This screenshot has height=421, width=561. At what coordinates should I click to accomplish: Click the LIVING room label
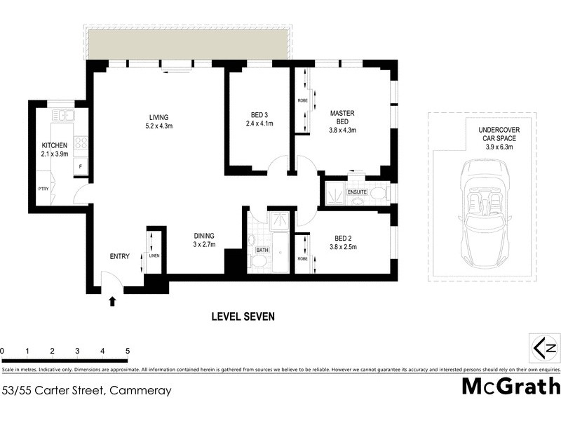[158, 117]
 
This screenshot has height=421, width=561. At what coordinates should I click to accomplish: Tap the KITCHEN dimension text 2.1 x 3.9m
[54, 154]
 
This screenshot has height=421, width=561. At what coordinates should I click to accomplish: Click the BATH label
[263, 249]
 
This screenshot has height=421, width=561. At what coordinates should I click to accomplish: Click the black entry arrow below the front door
[111, 302]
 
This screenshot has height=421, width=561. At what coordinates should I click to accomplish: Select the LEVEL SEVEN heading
[243, 316]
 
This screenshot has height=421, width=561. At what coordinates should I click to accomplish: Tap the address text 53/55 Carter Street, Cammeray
[87, 390]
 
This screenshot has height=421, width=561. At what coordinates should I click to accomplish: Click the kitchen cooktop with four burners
[81, 143]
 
